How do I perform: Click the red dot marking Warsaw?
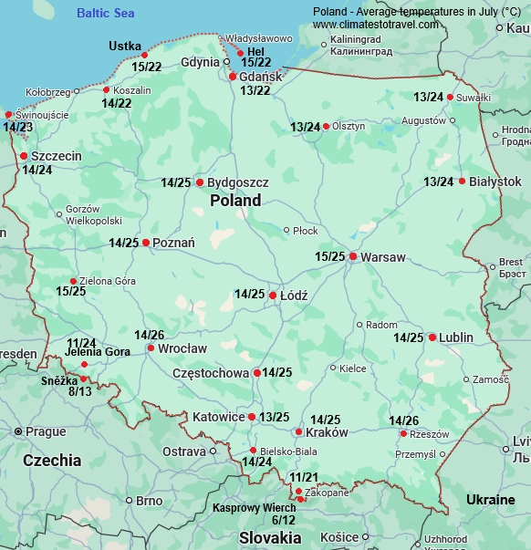pyautogui.click(x=353, y=256)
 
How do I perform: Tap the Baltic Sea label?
pyautogui.click(x=105, y=13)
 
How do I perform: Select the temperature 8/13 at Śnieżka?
pyautogui.click(x=80, y=391)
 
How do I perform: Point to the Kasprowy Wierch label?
pyautogui.click(x=254, y=507)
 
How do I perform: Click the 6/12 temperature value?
pyautogui.click(x=283, y=520)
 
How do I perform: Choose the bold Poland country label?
pyautogui.click(x=234, y=200)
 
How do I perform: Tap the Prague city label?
pyautogui.click(x=46, y=431)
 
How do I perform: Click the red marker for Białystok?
pyautogui.click(x=463, y=182)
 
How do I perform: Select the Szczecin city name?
pyautogui.click(x=57, y=156)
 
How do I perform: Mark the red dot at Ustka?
pyautogui.click(x=144, y=55)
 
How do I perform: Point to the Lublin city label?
pyautogui.click(x=456, y=337)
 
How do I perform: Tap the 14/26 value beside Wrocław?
pyautogui.click(x=150, y=335)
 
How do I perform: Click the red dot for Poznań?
pyautogui.click(x=146, y=243)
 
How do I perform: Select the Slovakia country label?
pyautogui.click(x=270, y=538)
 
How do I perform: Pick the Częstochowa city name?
pyautogui.click(x=211, y=373)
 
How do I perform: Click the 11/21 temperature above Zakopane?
pyautogui.click(x=304, y=477)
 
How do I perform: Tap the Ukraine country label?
pyautogui.click(x=491, y=500)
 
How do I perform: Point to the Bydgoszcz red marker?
pyautogui.click(x=200, y=182)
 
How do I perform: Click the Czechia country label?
pyautogui.click(x=52, y=461)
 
